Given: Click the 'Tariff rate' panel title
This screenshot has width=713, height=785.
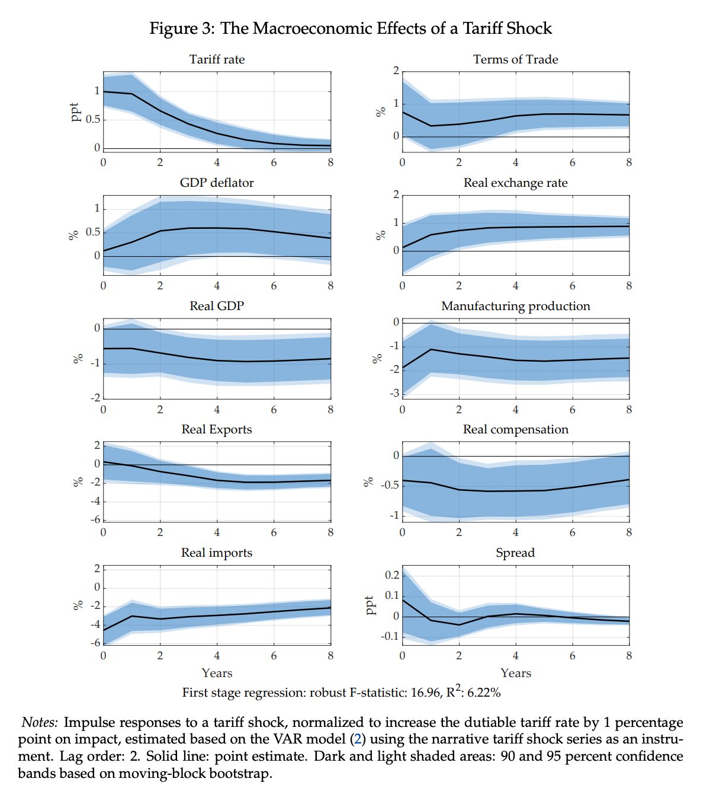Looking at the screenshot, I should [x=217, y=59].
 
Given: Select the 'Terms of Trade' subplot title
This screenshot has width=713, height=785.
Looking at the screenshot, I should [x=515, y=59].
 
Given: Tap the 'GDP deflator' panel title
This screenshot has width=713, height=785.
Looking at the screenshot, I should [x=217, y=183].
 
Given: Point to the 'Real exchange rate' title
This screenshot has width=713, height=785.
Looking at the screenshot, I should [x=515, y=183].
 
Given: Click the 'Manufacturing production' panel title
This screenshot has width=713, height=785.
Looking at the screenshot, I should [x=515, y=306].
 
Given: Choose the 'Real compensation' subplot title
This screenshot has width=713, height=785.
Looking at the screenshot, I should [x=515, y=429].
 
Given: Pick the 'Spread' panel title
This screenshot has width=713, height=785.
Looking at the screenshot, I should [x=515, y=553].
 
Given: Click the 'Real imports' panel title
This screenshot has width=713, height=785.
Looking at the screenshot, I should [x=217, y=553].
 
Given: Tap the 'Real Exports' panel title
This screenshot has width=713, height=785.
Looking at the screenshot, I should [x=217, y=429].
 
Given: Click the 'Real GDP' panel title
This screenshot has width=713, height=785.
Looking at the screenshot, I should [x=217, y=306].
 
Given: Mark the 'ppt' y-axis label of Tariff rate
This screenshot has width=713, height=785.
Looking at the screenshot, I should [x=75, y=112].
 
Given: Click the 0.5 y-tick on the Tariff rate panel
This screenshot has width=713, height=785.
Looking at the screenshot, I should [x=93, y=120].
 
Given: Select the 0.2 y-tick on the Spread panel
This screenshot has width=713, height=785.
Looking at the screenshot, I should [x=391, y=575].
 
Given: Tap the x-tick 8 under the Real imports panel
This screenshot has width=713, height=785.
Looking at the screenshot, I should [x=330, y=656].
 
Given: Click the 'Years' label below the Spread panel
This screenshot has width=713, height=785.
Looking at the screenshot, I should [x=515, y=673].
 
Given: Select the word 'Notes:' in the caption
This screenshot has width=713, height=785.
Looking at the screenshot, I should [x=40, y=723].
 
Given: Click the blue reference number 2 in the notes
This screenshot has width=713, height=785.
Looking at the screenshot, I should [x=356, y=739].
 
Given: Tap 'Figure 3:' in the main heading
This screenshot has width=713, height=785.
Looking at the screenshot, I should [x=182, y=28].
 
